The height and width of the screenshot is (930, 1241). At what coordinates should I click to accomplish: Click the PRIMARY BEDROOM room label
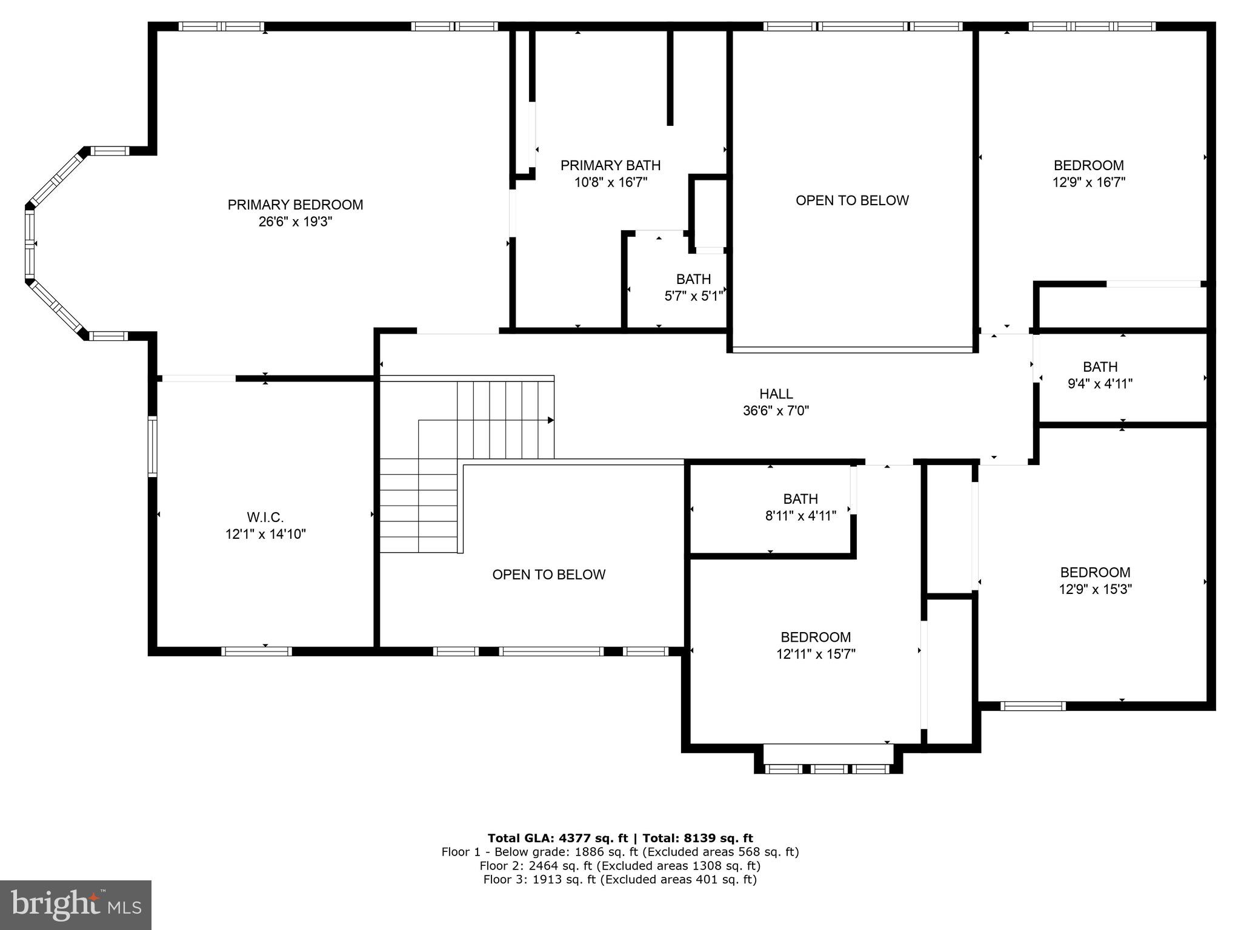tap(295, 205)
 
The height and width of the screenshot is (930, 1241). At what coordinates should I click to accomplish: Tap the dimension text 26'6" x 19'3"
tap(295, 222)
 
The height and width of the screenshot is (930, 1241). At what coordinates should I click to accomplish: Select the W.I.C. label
tap(265, 517)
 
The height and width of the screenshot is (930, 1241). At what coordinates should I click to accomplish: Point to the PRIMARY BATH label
tap(610, 165)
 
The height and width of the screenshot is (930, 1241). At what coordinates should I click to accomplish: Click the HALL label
tap(776, 394)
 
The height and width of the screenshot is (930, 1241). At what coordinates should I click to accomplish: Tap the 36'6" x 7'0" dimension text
tap(776, 411)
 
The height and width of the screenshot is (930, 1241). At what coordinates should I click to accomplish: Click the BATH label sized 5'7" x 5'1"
tap(693, 279)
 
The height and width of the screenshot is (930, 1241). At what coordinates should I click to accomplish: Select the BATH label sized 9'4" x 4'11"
tap(1100, 366)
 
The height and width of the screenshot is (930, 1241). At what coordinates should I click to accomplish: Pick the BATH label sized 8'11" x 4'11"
tap(800, 499)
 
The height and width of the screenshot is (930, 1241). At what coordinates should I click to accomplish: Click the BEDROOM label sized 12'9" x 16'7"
tap(1088, 165)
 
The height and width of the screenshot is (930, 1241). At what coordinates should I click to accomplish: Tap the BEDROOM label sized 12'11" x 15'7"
tap(816, 637)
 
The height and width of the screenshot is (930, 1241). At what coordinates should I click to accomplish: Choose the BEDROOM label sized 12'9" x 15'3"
tap(1095, 572)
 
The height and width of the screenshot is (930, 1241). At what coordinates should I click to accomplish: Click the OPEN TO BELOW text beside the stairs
tap(548, 575)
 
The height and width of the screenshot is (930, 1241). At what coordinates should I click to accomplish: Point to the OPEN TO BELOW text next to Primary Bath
tap(852, 200)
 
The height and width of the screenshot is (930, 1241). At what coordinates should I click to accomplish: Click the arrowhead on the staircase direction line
tap(551, 420)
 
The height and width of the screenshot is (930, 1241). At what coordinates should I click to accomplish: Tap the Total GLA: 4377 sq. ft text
tap(558, 838)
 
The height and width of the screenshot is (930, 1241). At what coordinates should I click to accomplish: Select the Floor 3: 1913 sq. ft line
tap(620, 880)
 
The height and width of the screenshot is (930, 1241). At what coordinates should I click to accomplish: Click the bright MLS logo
tap(76, 905)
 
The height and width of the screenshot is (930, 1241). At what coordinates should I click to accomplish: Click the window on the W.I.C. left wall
tap(153, 446)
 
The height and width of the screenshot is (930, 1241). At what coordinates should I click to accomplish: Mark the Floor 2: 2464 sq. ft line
tap(620, 866)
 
